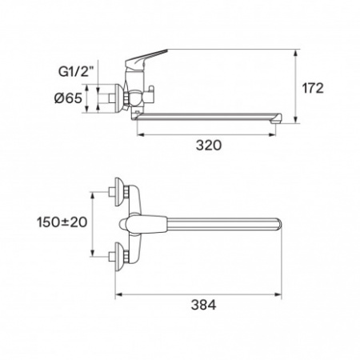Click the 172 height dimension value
(313, 88)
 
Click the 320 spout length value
(209, 146)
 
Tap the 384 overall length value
(203, 305)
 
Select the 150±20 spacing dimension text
(62, 222)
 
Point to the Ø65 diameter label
(68, 98)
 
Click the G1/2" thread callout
(76, 72)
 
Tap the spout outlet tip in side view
(277, 118)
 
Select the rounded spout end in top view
(278, 224)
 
